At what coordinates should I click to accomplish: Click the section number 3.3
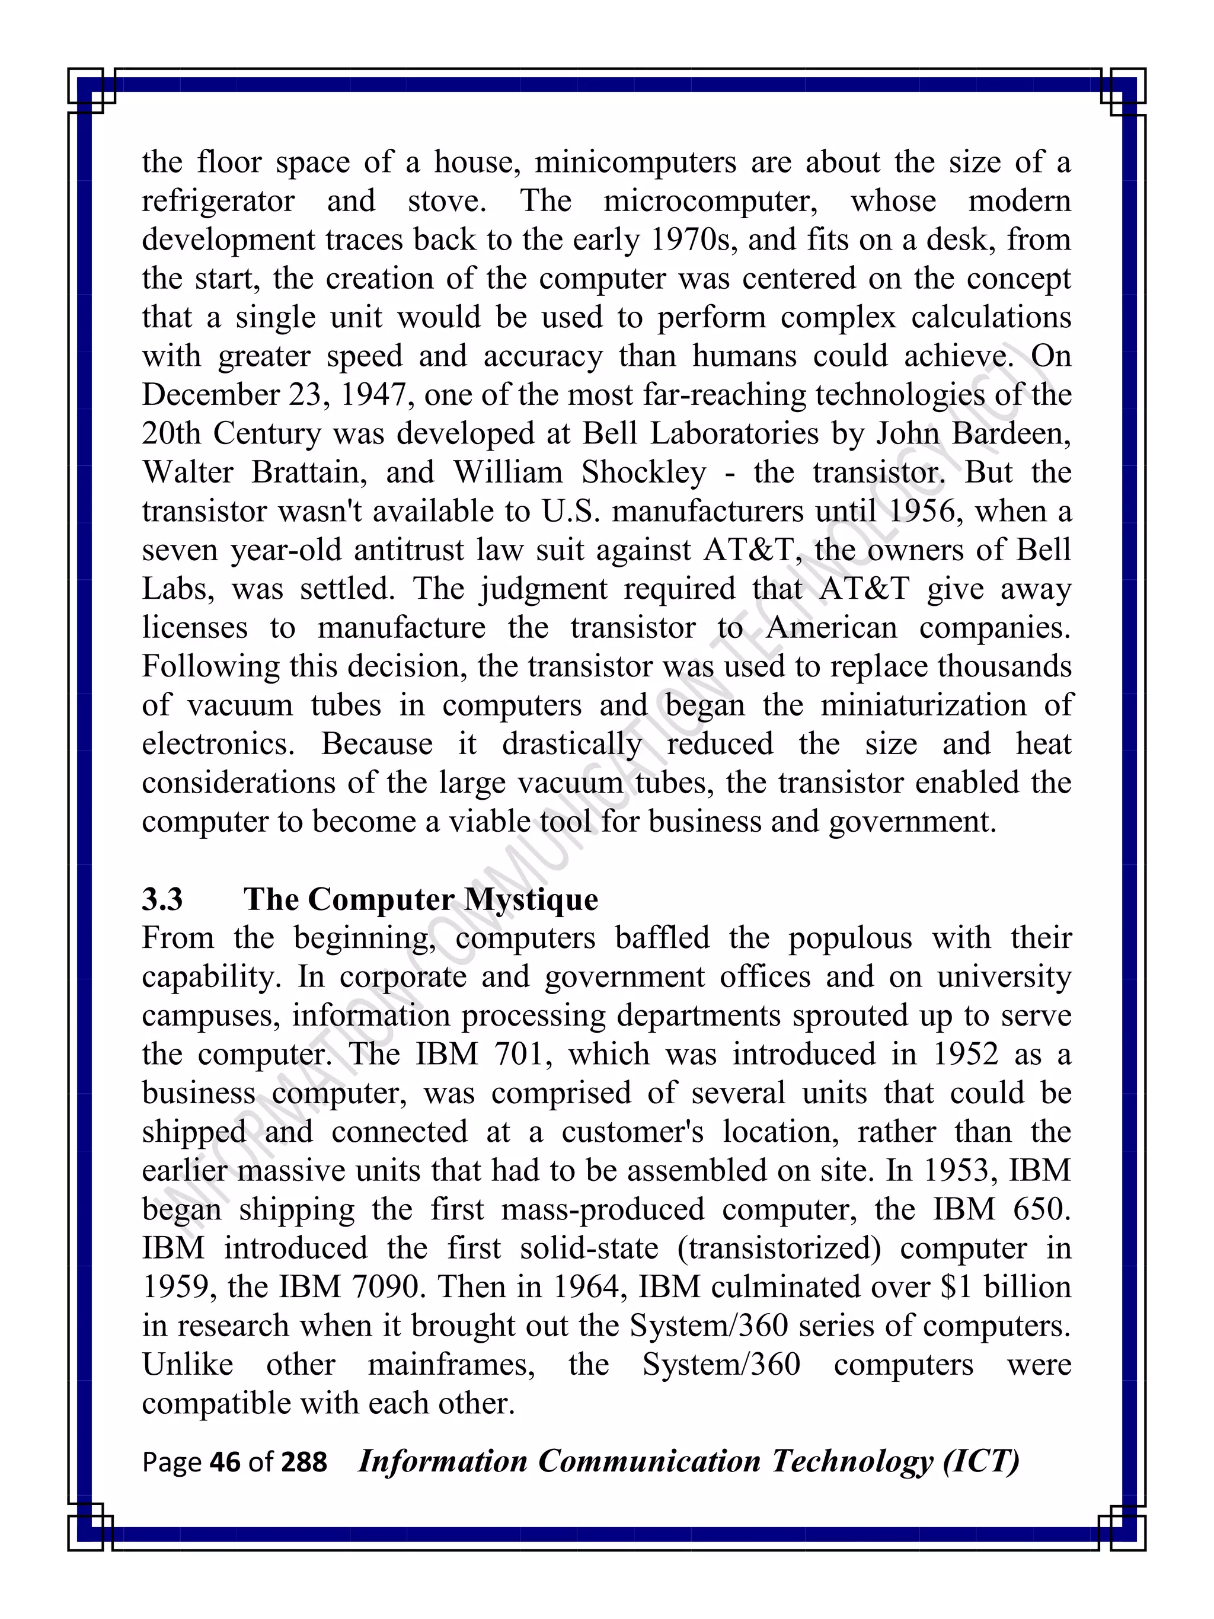coord(162,899)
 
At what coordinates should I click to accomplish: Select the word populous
coord(849,938)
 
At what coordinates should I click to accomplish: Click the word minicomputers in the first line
coord(635,162)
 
